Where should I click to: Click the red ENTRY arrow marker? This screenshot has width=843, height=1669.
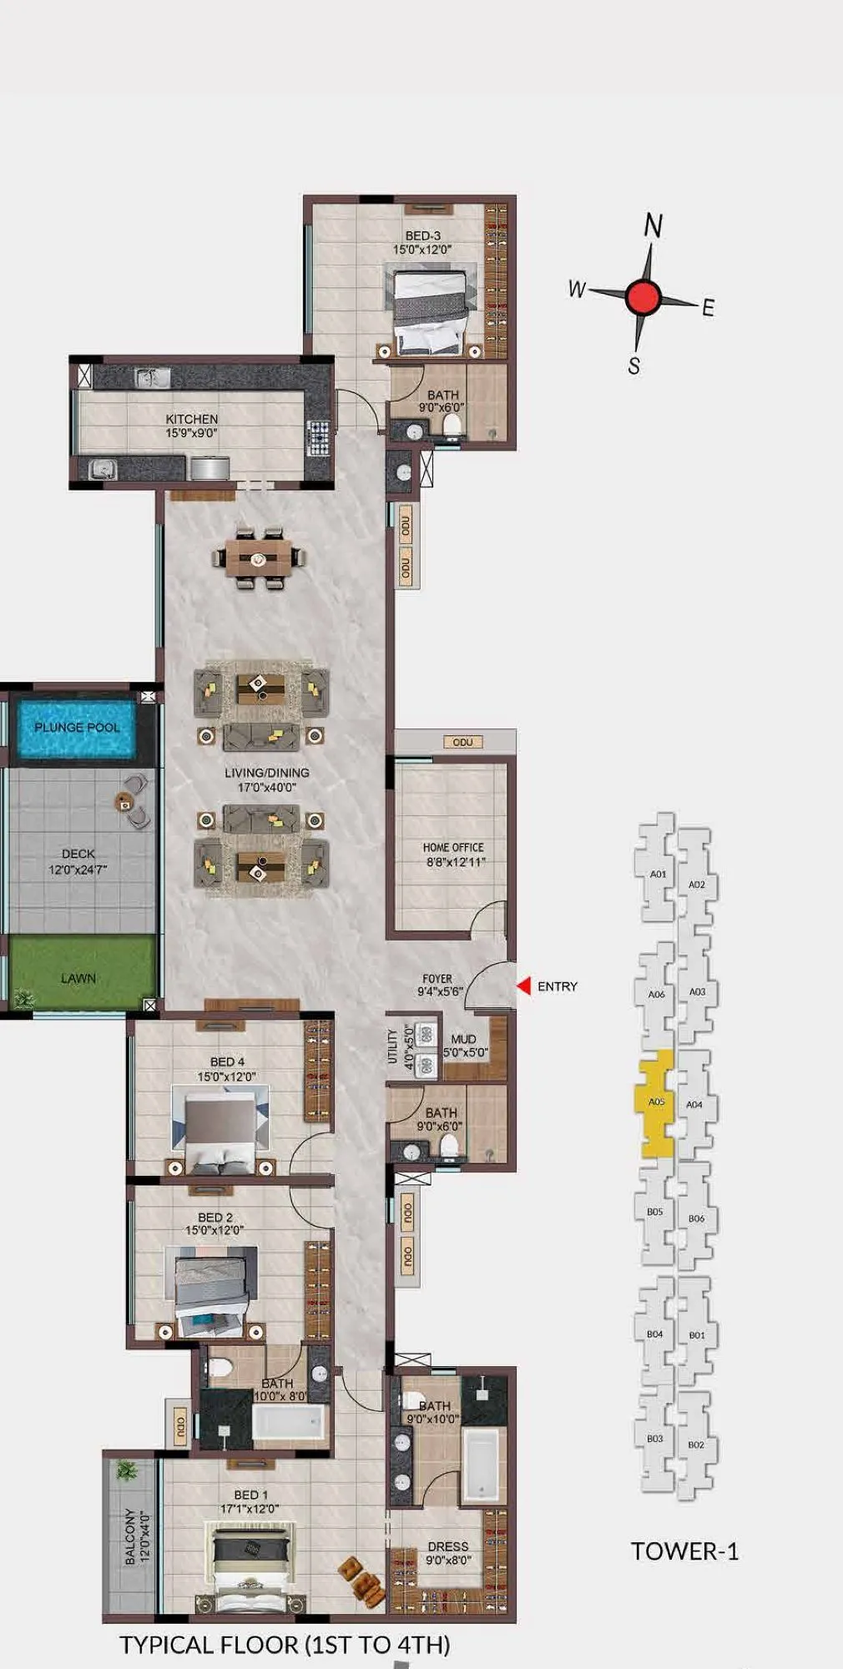click(524, 986)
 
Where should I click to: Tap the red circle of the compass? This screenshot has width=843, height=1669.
click(643, 297)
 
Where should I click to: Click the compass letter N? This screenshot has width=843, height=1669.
click(654, 225)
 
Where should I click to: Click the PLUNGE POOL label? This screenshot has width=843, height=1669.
click(77, 727)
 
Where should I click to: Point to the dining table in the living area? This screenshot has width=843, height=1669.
click(259, 557)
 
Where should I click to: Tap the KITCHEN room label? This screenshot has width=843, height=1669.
click(191, 419)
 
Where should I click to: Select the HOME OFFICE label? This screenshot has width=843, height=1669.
click(453, 847)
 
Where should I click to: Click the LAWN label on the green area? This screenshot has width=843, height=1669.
click(78, 977)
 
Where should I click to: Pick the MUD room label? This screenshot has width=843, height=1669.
click(463, 1039)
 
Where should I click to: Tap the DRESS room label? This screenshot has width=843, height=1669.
click(448, 1546)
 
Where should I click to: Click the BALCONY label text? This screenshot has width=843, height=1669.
click(129, 1536)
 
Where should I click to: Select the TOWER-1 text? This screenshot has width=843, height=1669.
click(684, 1551)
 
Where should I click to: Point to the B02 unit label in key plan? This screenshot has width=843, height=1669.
click(695, 1445)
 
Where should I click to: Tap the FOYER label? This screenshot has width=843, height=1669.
click(437, 979)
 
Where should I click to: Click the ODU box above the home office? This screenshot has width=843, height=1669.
click(462, 742)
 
